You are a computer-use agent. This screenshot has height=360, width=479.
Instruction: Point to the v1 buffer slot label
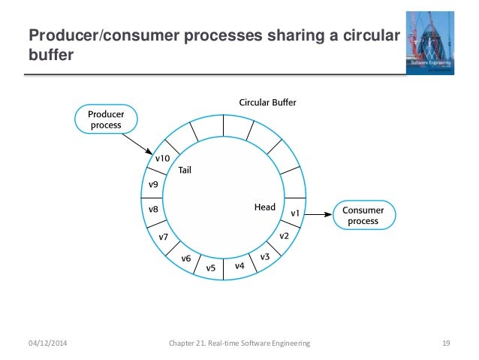coord(295,214)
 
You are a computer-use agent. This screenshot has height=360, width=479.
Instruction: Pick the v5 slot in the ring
coord(211,268)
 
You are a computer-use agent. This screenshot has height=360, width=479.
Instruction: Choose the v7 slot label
coord(163,237)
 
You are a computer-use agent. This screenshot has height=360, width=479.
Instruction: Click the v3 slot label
coord(265,257)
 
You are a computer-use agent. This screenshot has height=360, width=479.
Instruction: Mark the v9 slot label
coord(152,184)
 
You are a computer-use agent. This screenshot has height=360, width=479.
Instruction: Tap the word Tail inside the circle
coord(185,171)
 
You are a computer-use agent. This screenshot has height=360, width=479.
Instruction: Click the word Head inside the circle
coord(264,207)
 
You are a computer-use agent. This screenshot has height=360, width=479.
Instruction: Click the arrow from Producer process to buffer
coord(136,142)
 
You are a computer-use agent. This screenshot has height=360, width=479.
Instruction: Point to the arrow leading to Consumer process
coord(318,215)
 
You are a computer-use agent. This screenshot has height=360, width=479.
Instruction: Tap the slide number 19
coord(445,343)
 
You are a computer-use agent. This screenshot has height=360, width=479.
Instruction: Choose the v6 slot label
coord(186,259)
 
